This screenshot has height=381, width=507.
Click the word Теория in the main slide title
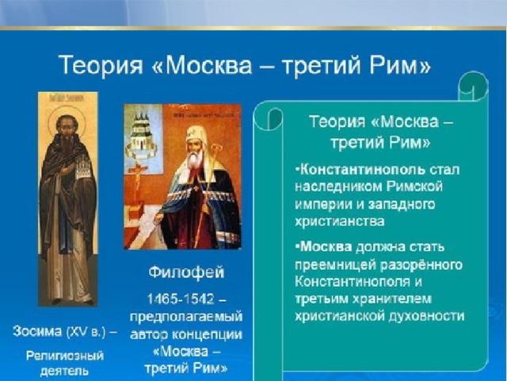[101, 65]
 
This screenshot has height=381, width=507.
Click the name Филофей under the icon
[186, 272]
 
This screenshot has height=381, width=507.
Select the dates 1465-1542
[181, 298]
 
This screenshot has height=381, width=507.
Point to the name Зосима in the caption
[37, 332]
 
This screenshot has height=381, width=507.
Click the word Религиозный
[65, 356]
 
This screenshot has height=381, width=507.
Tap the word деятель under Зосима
[65, 371]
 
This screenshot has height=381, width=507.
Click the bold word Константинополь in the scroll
[362, 170]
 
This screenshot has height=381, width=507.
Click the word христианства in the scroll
[340, 221]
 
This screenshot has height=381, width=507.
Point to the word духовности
[426, 316]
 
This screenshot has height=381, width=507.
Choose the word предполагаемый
[186, 317]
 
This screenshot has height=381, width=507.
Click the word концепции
[206, 334]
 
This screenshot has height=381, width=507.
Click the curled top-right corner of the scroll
[473, 85]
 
